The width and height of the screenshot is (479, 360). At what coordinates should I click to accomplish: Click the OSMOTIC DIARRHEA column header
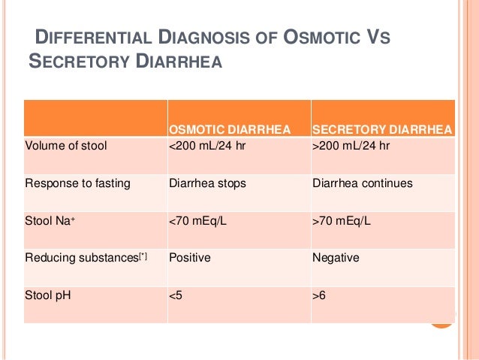(x=229, y=130)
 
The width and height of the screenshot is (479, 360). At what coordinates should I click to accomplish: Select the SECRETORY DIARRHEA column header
(x=381, y=130)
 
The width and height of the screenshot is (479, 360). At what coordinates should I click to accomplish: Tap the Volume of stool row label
(x=65, y=145)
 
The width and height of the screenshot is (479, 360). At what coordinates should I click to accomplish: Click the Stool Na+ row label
(x=49, y=220)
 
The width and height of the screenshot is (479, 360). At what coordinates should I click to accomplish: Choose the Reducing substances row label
(x=86, y=258)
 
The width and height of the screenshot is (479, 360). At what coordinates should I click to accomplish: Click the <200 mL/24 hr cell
(x=207, y=145)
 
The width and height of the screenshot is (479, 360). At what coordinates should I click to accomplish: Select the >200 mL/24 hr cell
(x=350, y=145)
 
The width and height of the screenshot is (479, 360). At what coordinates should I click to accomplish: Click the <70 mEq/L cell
(x=200, y=220)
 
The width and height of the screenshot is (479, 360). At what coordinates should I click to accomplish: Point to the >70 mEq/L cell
(x=342, y=220)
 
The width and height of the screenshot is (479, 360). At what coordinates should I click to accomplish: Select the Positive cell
(x=190, y=258)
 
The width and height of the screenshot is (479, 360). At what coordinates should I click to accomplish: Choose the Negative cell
(x=335, y=258)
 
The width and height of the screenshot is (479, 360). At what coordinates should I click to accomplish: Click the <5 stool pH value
(x=176, y=295)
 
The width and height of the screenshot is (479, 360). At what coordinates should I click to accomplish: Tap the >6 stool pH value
(x=319, y=295)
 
